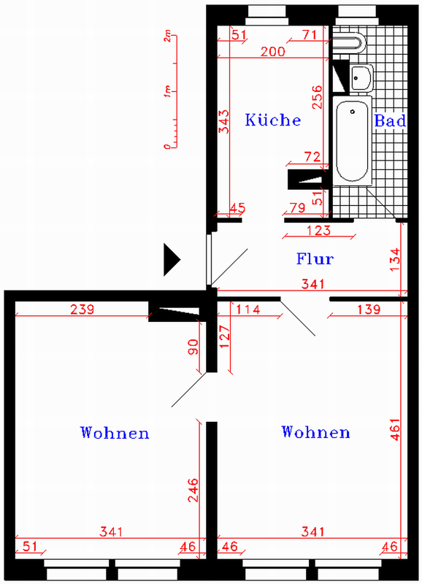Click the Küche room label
point(273,120)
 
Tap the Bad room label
point(390,120)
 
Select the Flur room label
point(315,258)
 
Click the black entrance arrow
point(172,260)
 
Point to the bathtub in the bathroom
point(352,141)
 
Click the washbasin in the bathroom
point(361,77)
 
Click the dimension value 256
point(318,97)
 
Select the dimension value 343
point(224,121)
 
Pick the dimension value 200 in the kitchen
point(272,51)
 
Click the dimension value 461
point(395,429)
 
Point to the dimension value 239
point(83,309)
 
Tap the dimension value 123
point(319,230)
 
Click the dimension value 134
point(395,260)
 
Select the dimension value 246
point(193,490)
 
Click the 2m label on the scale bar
point(168,36)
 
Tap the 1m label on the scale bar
point(168,92)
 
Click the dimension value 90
point(193,347)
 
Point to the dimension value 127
point(225,337)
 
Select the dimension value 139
point(369,309)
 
